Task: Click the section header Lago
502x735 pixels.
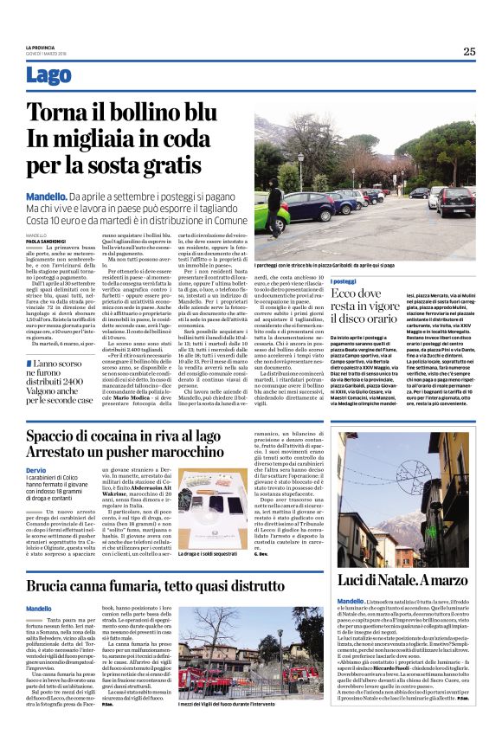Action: (x=49, y=76)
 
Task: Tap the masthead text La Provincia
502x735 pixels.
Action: (x=39, y=47)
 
